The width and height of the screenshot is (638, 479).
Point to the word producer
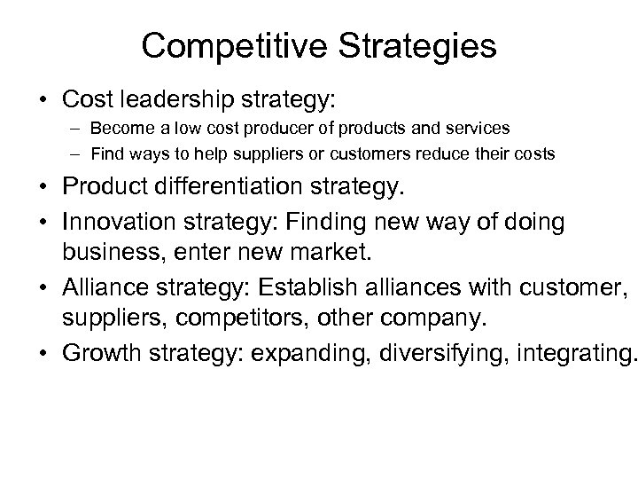coord(276,130)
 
